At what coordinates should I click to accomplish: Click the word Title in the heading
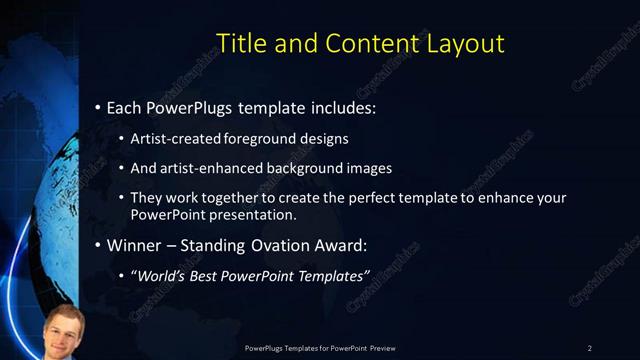(x=241, y=43)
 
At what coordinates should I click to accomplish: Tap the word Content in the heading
(x=367, y=43)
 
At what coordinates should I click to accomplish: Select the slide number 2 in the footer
(x=590, y=347)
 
